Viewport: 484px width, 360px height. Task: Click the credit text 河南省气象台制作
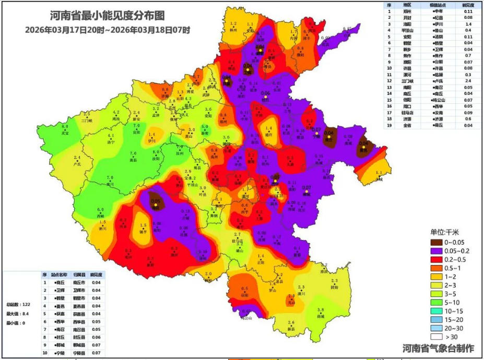click(x=439, y=348)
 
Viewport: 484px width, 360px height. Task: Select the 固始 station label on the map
click(x=334, y=287)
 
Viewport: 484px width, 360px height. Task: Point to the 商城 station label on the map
click(x=321, y=316)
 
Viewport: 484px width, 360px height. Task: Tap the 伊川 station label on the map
click(x=151, y=140)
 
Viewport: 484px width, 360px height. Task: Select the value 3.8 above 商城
click(x=321, y=310)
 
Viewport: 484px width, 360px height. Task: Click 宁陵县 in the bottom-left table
click(x=78, y=353)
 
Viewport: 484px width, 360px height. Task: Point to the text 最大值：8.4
click(x=16, y=314)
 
